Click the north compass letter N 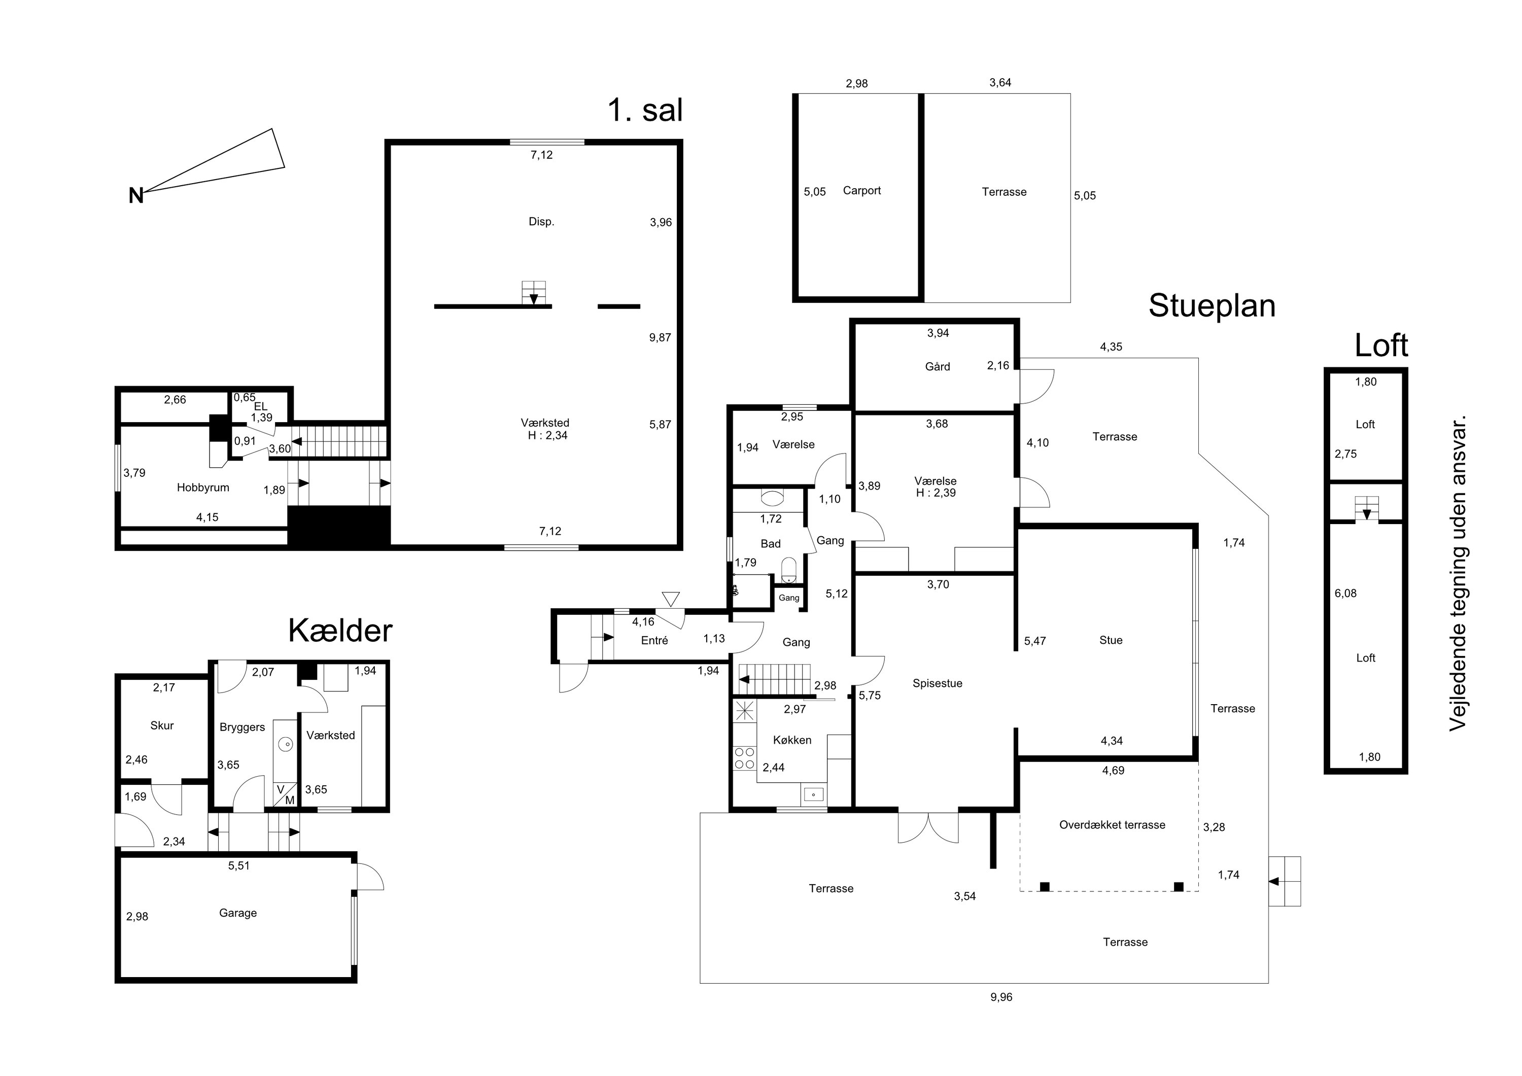[136, 196]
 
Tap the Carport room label [862, 191]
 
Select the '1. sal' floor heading [645, 110]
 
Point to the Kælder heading [340, 631]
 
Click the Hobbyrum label [203, 488]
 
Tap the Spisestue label [938, 683]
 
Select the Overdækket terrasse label [1113, 825]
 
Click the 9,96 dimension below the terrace [1001, 997]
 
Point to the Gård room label [938, 367]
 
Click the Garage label [238, 914]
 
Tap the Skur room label [162, 726]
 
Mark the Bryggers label [243, 728]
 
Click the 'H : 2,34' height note [547, 436]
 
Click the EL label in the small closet [261, 406]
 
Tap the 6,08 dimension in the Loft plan [1345, 594]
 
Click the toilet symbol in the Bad [789, 570]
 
